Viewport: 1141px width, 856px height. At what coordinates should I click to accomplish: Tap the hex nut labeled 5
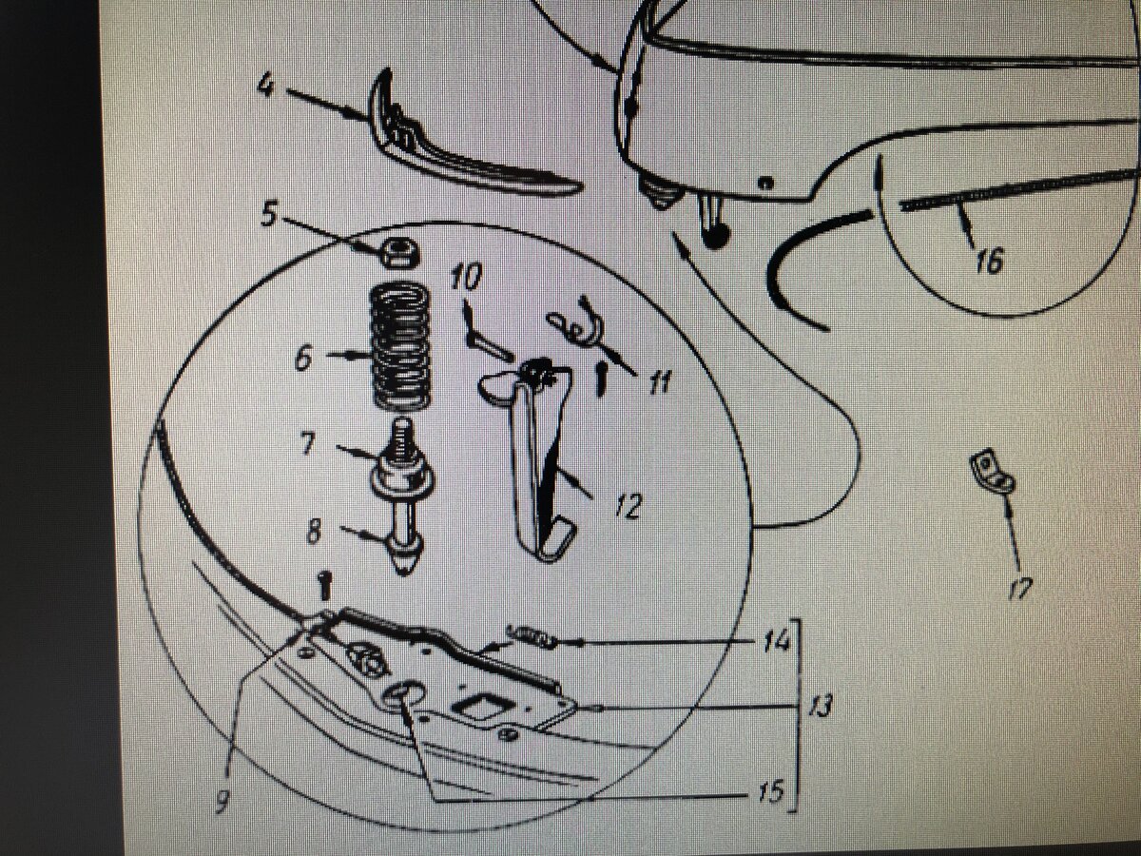[399, 253]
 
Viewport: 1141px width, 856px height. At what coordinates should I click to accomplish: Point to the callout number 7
[308, 443]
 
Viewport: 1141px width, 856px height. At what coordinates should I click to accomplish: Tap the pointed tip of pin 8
[405, 572]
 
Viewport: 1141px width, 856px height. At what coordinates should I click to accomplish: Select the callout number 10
[466, 277]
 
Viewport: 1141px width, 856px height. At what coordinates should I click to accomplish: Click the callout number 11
[659, 383]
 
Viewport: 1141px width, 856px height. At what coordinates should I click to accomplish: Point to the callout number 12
[629, 506]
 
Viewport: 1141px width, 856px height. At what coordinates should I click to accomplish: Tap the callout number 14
[777, 642]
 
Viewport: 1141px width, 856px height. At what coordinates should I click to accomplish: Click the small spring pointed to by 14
[531, 636]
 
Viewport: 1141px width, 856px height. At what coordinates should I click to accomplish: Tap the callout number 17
[1020, 588]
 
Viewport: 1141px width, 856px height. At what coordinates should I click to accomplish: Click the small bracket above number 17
[990, 472]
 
